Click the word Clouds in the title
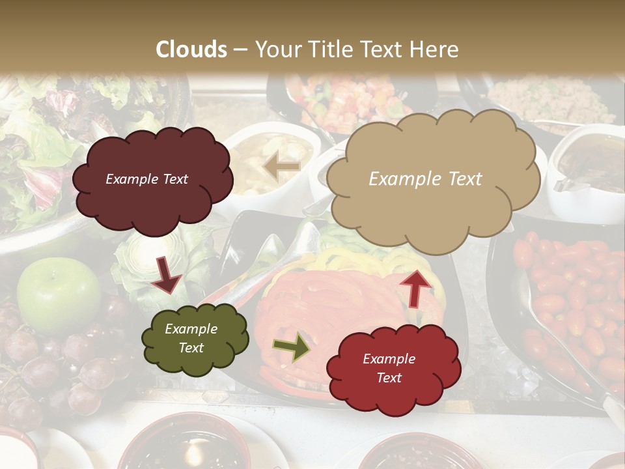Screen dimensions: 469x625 point(191,50)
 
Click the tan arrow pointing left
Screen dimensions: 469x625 point(281,167)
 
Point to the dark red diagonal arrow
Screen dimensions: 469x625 point(166,274)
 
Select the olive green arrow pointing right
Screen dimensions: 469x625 point(291,347)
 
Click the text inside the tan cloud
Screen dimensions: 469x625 point(425,179)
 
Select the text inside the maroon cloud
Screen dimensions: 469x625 point(146,179)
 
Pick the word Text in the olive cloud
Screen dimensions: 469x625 point(191,348)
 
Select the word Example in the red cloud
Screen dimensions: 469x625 point(389,359)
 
